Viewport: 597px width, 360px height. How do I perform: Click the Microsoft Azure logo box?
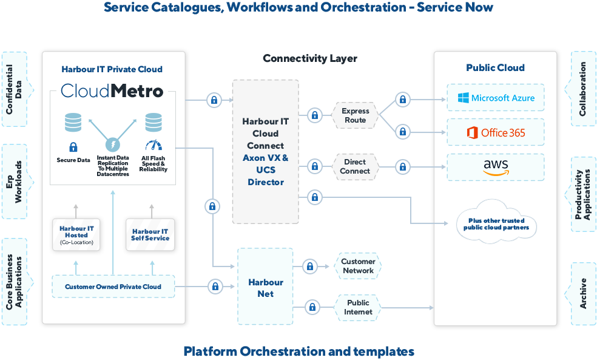(495, 98)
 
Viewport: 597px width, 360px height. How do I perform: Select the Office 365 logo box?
(495, 132)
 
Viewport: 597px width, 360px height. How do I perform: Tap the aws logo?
(495, 167)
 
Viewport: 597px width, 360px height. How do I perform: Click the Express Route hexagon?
(355, 115)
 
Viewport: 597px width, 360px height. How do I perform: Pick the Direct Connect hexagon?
(355, 166)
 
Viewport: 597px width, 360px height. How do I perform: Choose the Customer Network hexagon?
(358, 266)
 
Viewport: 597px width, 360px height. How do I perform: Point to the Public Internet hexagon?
(358, 307)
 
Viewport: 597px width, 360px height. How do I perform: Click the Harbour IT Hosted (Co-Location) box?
(76, 235)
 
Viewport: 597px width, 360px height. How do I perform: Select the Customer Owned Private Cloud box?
(113, 287)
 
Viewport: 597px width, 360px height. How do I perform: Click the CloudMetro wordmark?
(112, 91)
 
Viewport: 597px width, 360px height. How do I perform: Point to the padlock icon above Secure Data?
(73, 147)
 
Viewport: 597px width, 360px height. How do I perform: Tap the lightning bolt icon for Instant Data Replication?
(113, 145)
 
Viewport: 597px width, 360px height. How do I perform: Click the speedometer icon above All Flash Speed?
(153, 146)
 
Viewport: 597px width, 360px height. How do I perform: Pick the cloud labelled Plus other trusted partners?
(496, 223)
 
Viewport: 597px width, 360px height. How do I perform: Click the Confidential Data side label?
(13, 89)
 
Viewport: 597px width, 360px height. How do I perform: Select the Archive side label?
(583, 293)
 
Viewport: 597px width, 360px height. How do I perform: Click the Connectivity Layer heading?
(309, 58)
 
